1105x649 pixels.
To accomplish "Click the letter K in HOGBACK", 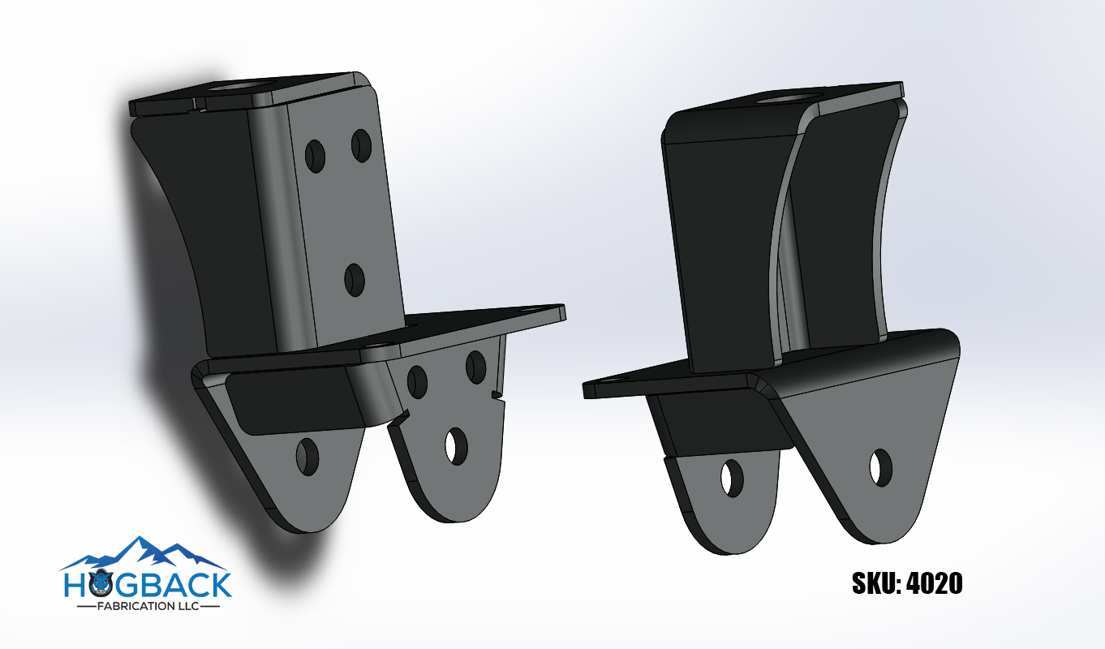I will (x=220, y=584).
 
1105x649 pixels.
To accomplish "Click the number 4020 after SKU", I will (x=933, y=583).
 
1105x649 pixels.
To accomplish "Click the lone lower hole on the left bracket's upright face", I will (x=355, y=280).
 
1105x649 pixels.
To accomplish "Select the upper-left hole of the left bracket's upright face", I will (x=315, y=153).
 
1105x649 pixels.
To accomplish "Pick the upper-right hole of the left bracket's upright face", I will (x=361, y=144).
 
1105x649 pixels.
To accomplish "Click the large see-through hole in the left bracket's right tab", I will (x=457, y=446).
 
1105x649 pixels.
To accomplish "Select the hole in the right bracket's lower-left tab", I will (x=733, y=478).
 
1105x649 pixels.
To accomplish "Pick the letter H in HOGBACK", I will (x=75, y=584).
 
